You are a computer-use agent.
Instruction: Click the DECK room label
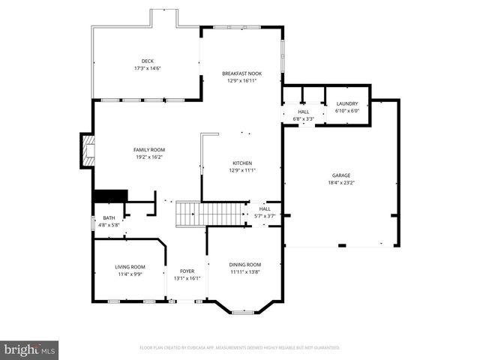coord(148,61)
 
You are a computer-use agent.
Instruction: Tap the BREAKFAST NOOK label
coord(241,73)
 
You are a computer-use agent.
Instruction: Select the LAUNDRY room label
coord(346,103)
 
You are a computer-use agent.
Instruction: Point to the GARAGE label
coord(340,175)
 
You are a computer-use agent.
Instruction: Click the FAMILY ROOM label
coord(148,150)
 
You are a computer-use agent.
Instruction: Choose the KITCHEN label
coord(241,163)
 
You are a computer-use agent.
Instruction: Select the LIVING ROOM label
coord(130,267)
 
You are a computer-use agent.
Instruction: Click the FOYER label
coord(187,271)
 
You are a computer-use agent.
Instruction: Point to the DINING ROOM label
coord(244,265)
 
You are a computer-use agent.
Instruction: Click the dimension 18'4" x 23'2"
coord(340,182)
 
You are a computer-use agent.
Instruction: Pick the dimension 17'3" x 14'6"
coord(148,68)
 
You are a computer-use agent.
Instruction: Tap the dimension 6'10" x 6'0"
coord(346,110)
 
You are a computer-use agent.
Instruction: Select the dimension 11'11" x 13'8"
coord(244,271)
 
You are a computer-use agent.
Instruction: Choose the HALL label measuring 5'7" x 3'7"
coord(265,209)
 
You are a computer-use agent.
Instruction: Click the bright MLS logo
coord(29,349)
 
